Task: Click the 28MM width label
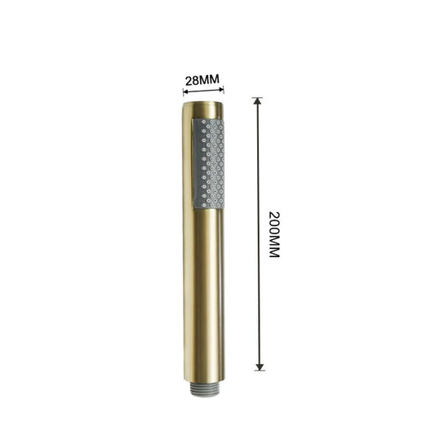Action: [x=202, y=80]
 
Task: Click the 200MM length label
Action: [x=274, y=235]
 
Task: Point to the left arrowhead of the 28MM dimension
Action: [x=185, y=91]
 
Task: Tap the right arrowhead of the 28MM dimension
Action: [x=221, y=89]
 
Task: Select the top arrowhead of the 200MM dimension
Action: [x=258, y=101]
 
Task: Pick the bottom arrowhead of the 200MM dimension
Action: [x=260, y=366]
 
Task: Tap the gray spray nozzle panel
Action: [x=209, y=163]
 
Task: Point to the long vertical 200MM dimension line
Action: [x=259, y=234]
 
